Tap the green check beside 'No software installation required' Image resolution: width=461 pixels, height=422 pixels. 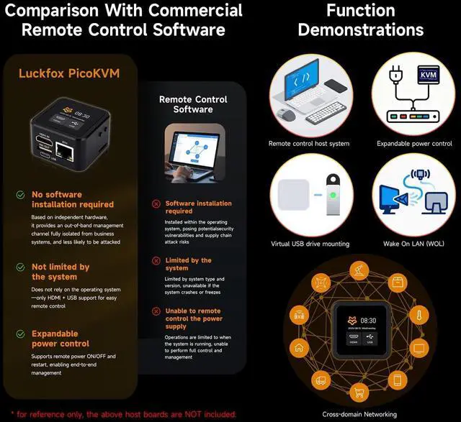(x=21, y=195)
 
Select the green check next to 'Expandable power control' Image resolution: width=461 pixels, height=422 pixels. (x=21, y=334)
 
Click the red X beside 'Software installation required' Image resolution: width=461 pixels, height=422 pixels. (x=156, y=204)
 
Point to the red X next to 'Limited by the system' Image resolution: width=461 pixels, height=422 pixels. (x=156, y=260)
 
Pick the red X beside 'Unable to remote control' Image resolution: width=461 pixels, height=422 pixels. (x=156, y=311)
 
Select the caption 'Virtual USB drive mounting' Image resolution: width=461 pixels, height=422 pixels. (x=310, y=244)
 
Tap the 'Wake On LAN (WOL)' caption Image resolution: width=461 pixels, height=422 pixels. (x=413, y=244)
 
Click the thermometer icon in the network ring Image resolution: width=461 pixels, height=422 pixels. (x=417, y=315)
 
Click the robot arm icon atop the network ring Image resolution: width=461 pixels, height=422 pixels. (x=358, y=274)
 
